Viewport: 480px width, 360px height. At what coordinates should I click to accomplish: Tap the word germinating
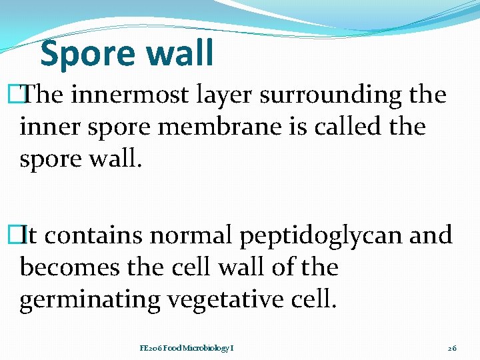(x=90, y=301)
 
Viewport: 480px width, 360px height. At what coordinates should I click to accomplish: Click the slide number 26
(x=452, y=348)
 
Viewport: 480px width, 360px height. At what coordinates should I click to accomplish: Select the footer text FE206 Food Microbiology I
(x=187, y=348)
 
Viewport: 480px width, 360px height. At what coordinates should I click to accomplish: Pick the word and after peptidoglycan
(x=430, y=235)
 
